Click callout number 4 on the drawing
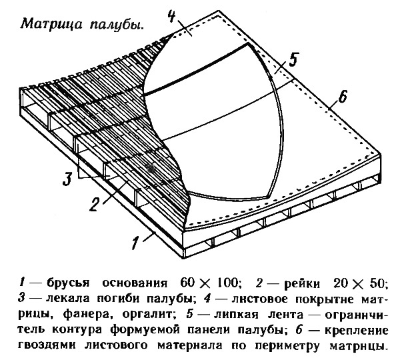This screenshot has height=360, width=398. click(172, 17)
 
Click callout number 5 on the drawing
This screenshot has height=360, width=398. click(293, 59)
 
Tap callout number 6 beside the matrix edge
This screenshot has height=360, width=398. click(343, 96)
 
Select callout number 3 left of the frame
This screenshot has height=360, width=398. click(68, 179)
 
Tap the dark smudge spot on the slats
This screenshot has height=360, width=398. click(151, 167)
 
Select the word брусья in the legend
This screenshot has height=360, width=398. click(68, 283)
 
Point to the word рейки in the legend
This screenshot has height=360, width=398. click(302, 283)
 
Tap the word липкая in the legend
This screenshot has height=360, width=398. click(236, 315)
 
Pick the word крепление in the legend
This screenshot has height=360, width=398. click(357, 331)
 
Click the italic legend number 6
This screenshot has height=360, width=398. click(299, 329)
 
